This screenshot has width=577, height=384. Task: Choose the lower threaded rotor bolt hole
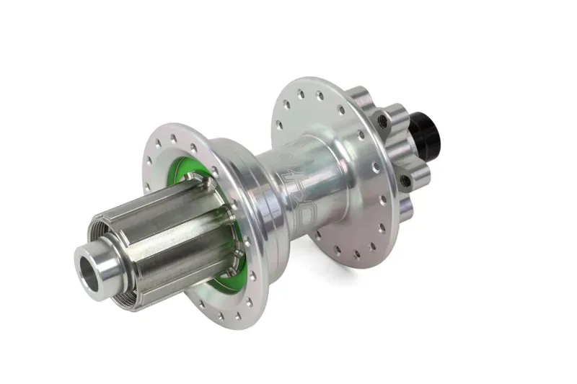[x=405, y=181]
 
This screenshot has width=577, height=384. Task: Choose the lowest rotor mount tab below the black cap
[x=404, y=209]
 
